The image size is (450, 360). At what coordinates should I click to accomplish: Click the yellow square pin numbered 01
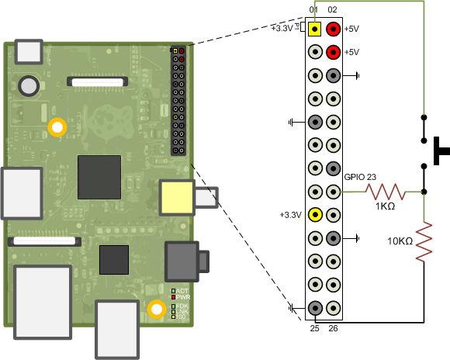(315, 29)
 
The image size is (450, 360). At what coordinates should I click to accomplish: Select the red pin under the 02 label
(333, 29)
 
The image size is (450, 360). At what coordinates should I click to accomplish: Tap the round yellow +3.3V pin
(315, 215)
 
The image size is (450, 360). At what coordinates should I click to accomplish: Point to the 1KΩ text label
(385, 207)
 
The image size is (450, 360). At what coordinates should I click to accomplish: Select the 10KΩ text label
(400, 242)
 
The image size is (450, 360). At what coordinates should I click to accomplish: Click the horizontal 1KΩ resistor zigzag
(386, 191)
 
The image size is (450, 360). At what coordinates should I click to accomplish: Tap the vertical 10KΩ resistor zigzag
(424, 241)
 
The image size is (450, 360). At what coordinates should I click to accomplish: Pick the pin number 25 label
(314, 330)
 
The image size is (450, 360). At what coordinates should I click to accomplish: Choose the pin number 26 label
(333, 330)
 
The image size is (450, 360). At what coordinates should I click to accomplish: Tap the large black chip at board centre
(99, 177)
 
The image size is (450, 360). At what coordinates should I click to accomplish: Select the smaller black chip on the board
(113, 259)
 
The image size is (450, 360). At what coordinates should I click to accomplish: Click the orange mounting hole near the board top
(57, 127)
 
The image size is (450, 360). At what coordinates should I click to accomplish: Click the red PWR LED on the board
(174, 296)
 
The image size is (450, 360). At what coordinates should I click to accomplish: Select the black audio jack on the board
(184, 261)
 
